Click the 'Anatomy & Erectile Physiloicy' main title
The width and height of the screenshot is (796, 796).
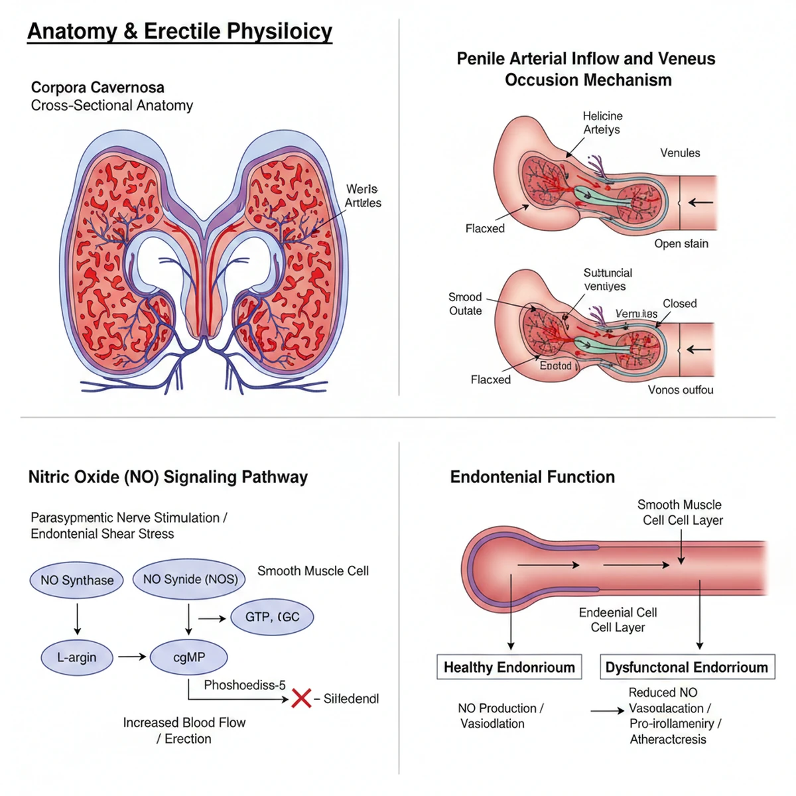pos(179,32)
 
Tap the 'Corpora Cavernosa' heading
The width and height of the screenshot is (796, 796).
pos(98,88)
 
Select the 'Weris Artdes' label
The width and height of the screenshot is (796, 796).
pos(362,196)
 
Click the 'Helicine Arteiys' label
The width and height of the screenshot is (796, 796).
pos(602,123)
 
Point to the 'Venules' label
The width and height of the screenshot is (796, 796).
pos(680,153)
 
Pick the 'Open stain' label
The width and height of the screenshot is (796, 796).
pos(681,243)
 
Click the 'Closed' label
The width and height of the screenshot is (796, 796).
pos(679,304)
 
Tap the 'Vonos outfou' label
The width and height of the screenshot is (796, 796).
pos(681,390)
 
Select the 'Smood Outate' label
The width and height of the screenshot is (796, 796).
pos(465,304)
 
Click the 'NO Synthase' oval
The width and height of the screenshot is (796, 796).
pos(77,580)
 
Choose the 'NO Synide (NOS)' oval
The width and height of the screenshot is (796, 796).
pos(190,579)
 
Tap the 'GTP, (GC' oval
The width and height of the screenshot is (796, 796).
pos(272,617)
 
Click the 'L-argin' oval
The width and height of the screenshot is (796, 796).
pos(76,657)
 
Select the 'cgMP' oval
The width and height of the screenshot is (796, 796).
pos(189,657)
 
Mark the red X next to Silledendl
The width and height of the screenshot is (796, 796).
pos(301,698)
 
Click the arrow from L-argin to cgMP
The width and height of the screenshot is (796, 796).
pos(132,657)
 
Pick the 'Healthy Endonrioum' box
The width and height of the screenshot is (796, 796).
pos(509,667)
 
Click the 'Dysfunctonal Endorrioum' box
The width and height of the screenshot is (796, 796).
pos(687,667)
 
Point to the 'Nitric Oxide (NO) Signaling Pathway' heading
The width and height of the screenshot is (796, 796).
pos(168,477)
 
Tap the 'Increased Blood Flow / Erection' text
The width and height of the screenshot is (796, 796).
pos(184,730)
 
